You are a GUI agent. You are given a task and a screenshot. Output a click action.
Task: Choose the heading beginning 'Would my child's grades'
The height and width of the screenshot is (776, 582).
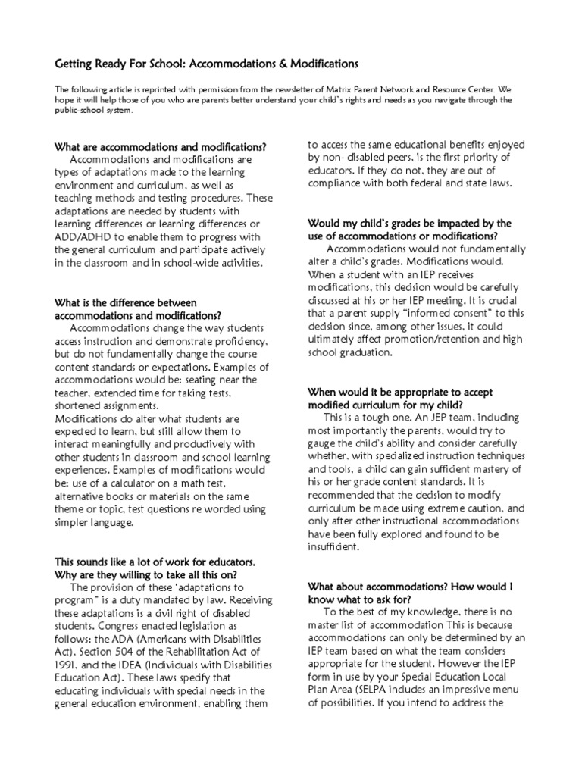409,223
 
